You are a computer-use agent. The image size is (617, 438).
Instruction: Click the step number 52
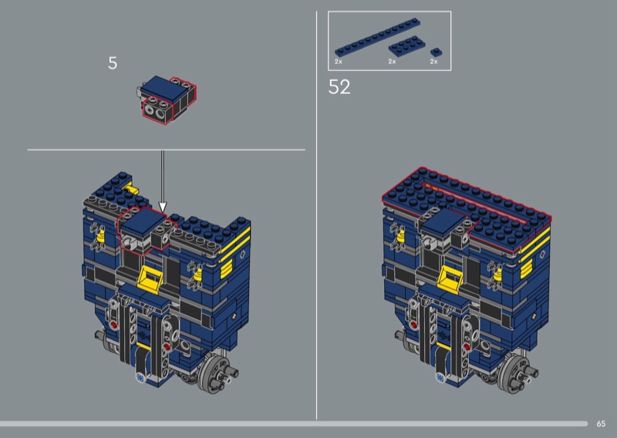point(339,87)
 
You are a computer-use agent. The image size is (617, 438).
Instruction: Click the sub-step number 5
point(113,63)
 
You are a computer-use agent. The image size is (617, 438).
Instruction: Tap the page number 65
point(601,423)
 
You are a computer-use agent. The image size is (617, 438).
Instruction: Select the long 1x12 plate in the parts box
point(377,37)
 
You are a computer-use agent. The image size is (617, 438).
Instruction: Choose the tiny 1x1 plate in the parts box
point(436,52)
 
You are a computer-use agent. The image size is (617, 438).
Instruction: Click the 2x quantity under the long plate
point(339,62)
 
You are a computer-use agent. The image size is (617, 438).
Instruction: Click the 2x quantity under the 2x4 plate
point(392,62)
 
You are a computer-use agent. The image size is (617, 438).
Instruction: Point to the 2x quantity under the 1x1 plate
point(433,62)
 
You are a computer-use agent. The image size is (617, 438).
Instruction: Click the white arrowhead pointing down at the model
point(163,207)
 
